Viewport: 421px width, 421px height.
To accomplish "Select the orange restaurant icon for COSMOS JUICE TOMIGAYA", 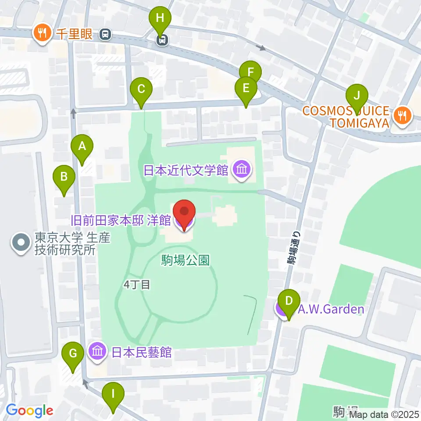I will tap(401, 116).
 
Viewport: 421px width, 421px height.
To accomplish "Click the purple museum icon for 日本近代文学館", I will tap(242, 169).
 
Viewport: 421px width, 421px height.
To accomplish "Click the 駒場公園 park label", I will tap(191, 260).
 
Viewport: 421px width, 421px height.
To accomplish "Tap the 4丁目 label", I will tap(137, 285).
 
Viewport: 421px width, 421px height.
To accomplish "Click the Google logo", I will tap(29, 410).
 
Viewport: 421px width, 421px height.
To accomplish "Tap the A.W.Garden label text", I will tap(331, 310).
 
